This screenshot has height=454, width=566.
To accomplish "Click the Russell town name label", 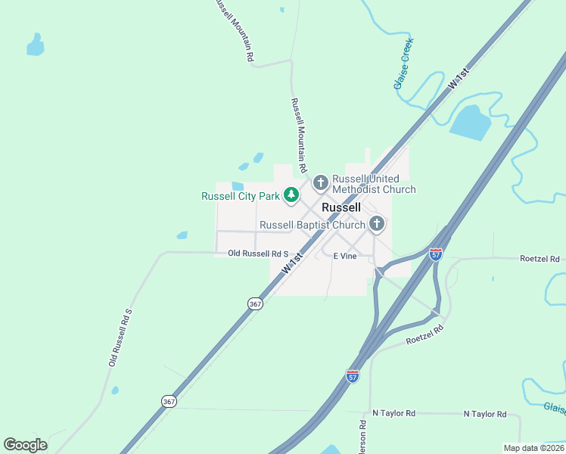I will (341, 207).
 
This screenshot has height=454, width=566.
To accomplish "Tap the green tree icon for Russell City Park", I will (291, 196).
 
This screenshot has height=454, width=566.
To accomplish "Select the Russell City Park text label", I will (240, 197).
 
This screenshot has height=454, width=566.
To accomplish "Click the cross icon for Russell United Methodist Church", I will (320, 182).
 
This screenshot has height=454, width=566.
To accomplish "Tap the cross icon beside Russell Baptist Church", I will (377, 224).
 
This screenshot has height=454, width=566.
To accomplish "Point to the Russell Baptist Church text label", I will (313, 225).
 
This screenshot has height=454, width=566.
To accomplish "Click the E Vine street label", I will (345, 256).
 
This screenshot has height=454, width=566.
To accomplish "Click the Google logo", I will (25, 445).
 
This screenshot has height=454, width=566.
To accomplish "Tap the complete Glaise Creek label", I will (404, 66).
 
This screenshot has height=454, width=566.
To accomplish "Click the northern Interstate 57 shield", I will (436, 254).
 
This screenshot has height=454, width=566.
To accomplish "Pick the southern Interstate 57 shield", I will (353, 376).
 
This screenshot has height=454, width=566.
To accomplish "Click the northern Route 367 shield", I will (255, 303).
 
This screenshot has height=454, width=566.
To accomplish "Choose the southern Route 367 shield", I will (169, 401).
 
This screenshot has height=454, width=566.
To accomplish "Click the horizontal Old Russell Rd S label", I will (259, 253).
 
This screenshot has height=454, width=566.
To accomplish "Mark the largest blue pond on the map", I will (471, 123).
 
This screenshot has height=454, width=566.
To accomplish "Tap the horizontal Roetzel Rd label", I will (540, 259).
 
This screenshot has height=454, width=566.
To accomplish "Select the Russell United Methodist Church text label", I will (374, 184).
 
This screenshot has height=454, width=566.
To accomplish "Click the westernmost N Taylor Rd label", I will (394, 414).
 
